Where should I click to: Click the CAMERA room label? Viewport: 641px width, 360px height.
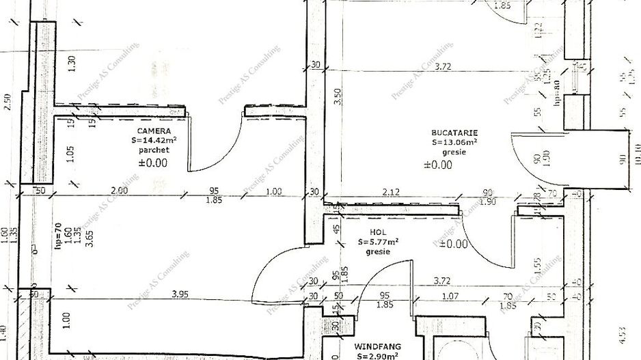[x=153, y=130]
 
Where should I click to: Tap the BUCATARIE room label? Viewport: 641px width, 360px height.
[x=454, y=133]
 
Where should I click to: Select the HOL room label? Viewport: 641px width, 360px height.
[x=377, y=231]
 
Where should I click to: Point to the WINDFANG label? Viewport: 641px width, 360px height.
[x=377, y=346]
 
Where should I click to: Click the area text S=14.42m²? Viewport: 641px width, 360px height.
[x=153, y=141]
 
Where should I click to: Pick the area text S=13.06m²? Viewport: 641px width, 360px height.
[x=454, y=143]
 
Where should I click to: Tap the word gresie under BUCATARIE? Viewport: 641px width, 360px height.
[x=454, y=153]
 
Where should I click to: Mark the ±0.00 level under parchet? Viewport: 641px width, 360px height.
[x=153, y=163]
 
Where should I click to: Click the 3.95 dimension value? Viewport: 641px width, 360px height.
[x=180, y=294]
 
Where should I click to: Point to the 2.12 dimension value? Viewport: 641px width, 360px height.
[x=391, y=192]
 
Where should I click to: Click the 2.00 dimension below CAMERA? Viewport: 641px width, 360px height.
[x=119, y=191]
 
